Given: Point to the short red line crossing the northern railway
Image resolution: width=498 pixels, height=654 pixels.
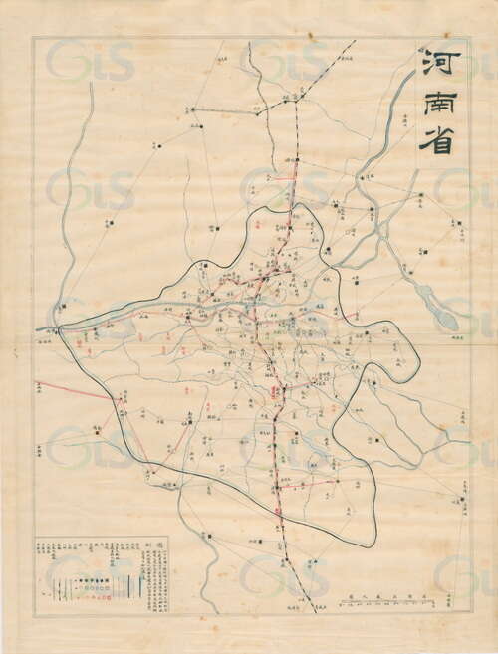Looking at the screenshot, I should pyautogui.click(x=284, y=180).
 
